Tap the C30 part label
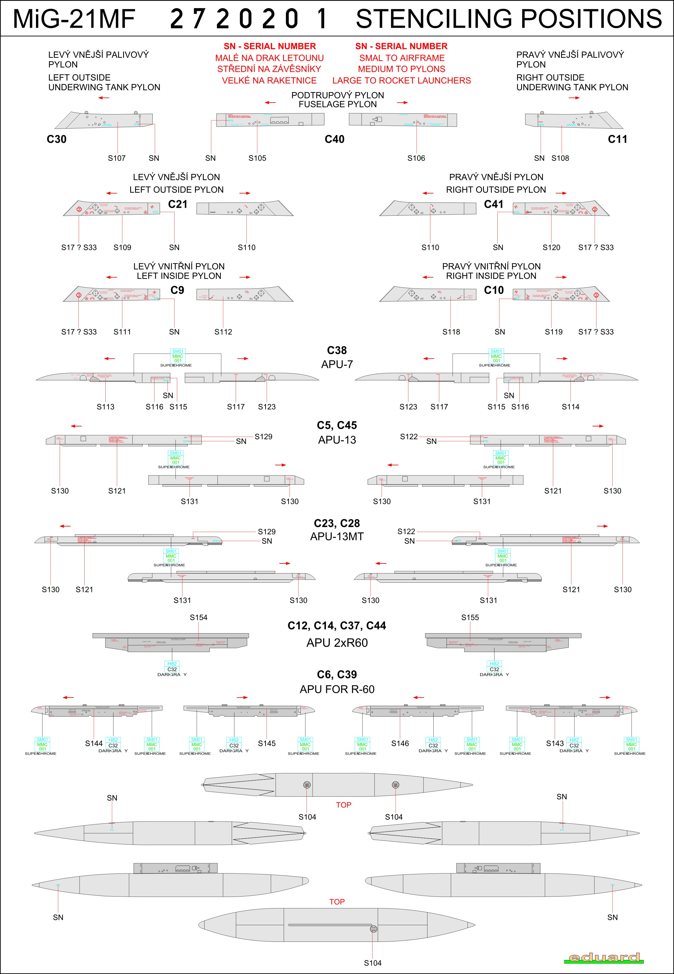57,139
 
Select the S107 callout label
117,158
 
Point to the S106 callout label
416,158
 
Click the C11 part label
617,139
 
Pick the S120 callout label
551,247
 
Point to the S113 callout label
106,407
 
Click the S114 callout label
570,407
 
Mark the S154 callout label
199,617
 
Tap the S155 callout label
470,617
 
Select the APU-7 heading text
337,364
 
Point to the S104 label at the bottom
373,963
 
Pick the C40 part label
335,139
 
